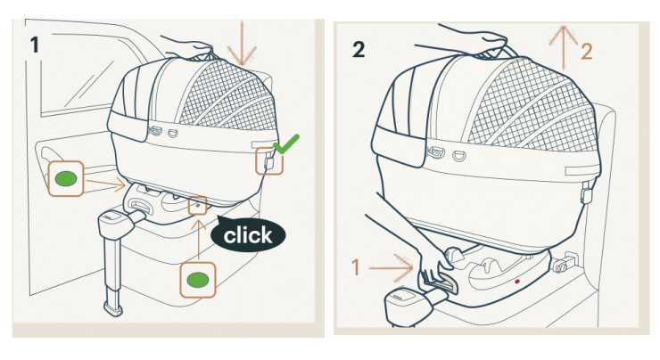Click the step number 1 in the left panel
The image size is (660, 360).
pos(35,45)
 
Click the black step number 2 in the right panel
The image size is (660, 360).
pos(359,50)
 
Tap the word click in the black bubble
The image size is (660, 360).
pos(248,235)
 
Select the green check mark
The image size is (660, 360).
pos(286,143)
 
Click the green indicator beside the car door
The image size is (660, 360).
pos(66,179)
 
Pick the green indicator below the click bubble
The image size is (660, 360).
pos(198,280)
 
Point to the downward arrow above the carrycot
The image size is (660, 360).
pos(242,44)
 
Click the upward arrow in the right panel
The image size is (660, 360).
pos(563,48)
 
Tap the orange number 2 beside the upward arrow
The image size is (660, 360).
pos(587,52)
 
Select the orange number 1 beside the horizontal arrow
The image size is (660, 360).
pos(356,267)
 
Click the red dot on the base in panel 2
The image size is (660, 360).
pos(517,282)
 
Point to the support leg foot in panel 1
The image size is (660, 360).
pos(113,309)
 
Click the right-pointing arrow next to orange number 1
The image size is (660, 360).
pos(391,268)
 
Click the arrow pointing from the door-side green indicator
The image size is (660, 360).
pos(105,184)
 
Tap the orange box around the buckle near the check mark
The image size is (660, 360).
pos(269,160)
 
